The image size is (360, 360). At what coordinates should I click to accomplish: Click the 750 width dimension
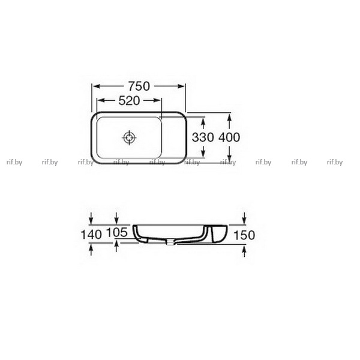[139, 86]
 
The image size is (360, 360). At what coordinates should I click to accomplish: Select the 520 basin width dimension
[129, 101]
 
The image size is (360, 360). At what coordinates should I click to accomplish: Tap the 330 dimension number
[203, 137]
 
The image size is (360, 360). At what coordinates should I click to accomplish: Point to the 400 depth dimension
[229, 137]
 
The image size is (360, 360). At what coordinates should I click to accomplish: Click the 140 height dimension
[91, 235]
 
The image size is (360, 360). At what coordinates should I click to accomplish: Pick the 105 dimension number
[116, 232]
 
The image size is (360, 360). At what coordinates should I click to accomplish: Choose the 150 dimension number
[244, 235]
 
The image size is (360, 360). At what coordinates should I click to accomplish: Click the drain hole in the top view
[129, 138]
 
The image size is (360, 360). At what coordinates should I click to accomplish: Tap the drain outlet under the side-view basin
[170, 243]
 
